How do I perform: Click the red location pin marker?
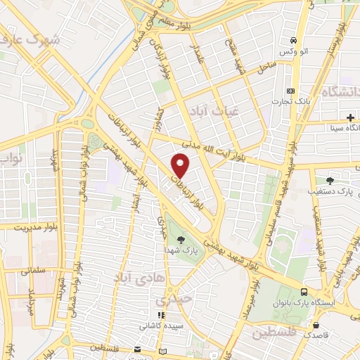181,167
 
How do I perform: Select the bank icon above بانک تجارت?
291,91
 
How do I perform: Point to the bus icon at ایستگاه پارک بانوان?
304,291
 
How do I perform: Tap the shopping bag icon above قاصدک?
319,326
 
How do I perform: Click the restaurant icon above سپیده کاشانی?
160,316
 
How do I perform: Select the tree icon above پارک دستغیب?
330,180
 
